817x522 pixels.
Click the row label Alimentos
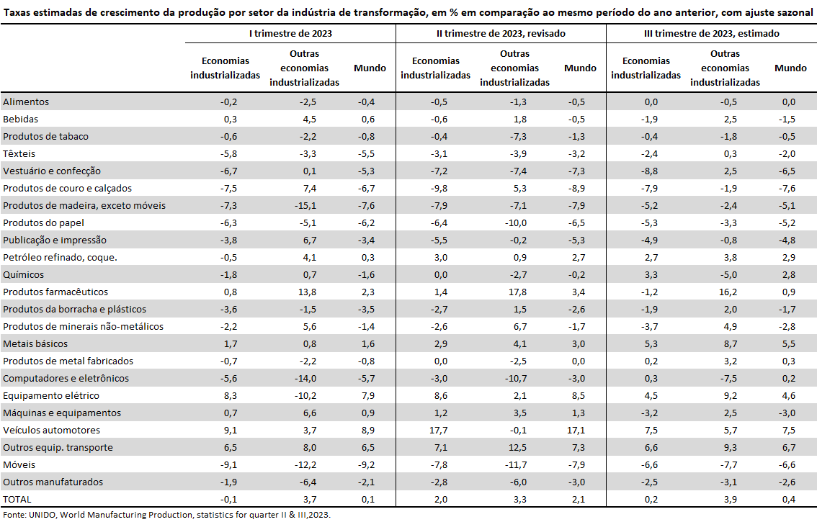[x=26, y=102]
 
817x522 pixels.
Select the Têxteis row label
[x=19, y=153]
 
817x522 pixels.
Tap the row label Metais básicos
[x=35, y=344]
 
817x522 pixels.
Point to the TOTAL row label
[x=17, y=500]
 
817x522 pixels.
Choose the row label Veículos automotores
[x=52, y=431]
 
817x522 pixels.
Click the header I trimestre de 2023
[x=290, y=34]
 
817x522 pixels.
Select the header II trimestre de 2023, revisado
[x=501, y=34]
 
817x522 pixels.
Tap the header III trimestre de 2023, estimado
[x=712, y=34]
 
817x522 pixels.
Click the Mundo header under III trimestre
[x=790, y=68]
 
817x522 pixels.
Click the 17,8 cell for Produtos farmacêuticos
[x=518, y=292]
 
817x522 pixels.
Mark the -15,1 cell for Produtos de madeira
[x=305, y=206]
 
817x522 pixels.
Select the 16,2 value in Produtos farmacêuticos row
[x=728, y=292]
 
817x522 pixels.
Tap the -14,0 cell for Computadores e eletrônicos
[x=305, y=379]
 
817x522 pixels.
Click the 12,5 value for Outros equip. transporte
[x=518, y=448]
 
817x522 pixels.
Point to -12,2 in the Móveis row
[x=305, y=464]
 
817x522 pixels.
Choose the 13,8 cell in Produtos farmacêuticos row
[x=308, y=292]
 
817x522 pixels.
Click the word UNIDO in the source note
[x=43, y=515]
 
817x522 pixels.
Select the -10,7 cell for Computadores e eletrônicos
[x=516, y=379]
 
